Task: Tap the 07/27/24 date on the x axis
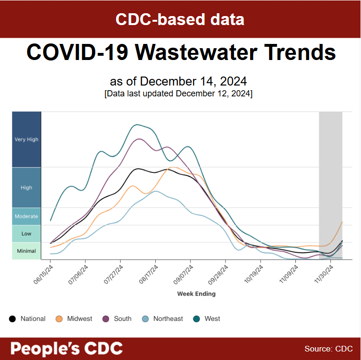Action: point(113,274)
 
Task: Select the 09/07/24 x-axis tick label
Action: point(183,274)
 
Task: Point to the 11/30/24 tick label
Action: point(323,274)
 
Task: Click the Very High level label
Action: point(26,139)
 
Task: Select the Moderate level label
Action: point(26,216)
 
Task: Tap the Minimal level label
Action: point(26,251)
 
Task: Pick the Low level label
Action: point(26,233)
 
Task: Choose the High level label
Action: point(26,188)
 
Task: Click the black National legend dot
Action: point(13,319)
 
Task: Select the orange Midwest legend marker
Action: point(59,319)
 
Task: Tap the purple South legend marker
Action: point(106,319)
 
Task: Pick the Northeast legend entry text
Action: point(168,319)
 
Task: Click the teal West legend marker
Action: point(196,319)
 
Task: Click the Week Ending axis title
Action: point(196,294)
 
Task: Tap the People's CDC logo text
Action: point(67,349)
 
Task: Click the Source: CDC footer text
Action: point(328,349)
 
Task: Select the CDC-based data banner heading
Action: point(180,19)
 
